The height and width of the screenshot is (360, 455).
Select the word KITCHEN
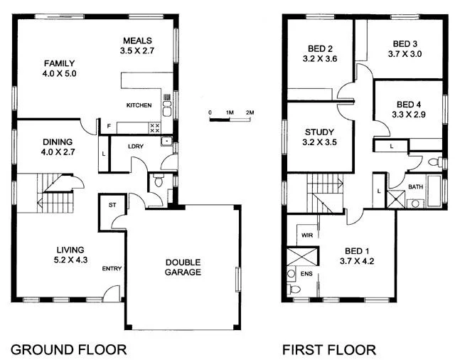[139, 105]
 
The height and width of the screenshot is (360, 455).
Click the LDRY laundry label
[136, 147]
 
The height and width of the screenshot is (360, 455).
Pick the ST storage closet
[112, 205]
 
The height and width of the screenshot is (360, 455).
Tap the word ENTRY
[112, 268]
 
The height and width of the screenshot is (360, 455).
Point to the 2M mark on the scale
[250, 112]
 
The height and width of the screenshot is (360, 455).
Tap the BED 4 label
[409, 103]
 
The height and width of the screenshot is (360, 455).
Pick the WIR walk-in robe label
[307, 233]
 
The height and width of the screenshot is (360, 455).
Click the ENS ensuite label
[307, 272]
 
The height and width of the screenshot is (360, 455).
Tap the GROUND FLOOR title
[68, 349]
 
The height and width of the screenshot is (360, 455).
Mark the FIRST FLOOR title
[328, 349]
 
